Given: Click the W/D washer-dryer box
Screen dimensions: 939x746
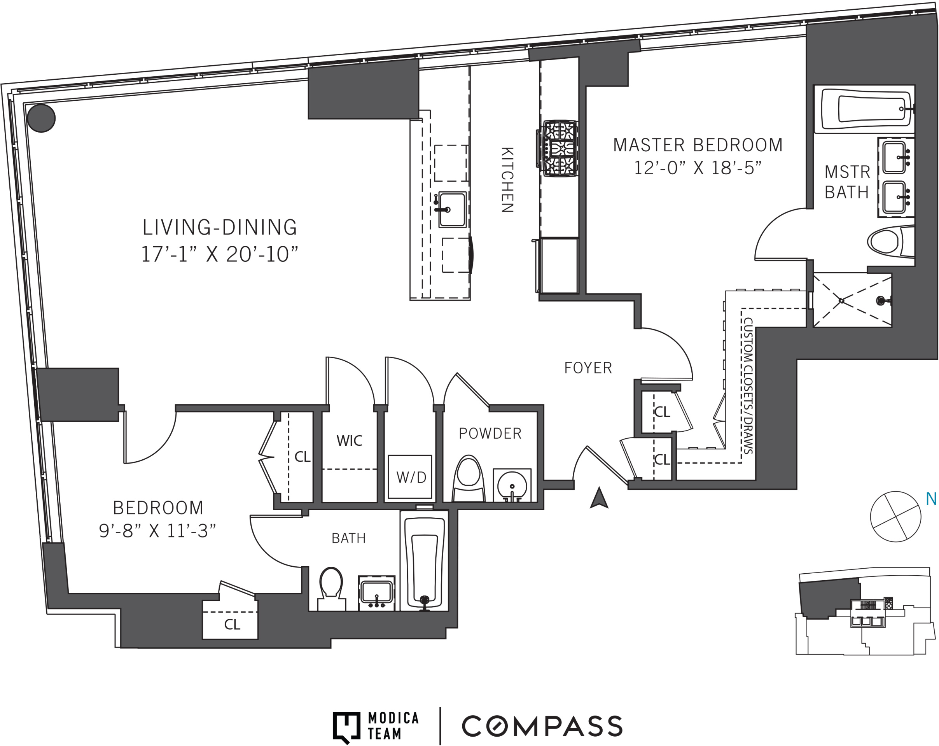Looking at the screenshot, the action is click(410, 477).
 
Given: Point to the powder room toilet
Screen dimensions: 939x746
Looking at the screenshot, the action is click(468, 478).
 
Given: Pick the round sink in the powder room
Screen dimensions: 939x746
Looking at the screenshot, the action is click(512, 485).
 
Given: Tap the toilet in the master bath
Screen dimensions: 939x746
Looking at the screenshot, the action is click(891, 242).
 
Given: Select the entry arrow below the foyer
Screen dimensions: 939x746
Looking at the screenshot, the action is click(599, 497).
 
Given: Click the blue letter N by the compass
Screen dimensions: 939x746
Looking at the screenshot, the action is click(931, 499).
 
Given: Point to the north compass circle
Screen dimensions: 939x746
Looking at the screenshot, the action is click(895, 517).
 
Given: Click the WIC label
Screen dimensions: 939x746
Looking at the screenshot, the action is click(349, 441).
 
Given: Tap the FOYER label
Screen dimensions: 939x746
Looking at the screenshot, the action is click(588, 368).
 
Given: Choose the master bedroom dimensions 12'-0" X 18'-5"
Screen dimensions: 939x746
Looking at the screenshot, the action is click(697, 168).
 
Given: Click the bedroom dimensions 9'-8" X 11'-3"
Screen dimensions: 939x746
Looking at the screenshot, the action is click(157, 531).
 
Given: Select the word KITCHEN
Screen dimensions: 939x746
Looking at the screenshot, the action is click(507, 180).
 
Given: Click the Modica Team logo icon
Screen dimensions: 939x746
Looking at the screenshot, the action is click(347, 728).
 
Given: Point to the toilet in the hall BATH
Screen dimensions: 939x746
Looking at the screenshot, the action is click(331, 588).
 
